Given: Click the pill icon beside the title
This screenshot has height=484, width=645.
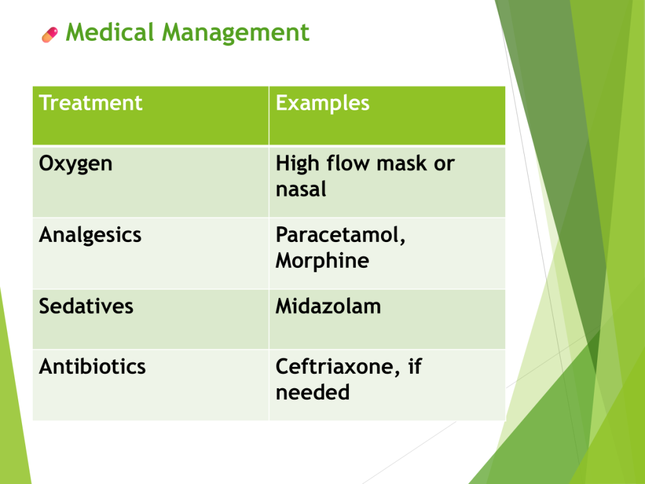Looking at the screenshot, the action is pyautogui.click(x=50, y=35).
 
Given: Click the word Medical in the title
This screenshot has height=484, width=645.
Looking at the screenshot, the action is pyautogui.click(x=110, y=32).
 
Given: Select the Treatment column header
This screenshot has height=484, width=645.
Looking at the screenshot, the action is pyautogui.click(x=91, y=103).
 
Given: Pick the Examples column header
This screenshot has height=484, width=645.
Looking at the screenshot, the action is pyautogui.click(x=322, y=103).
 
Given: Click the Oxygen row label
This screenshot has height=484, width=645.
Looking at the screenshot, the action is pyautogui.click(x=76, y=164).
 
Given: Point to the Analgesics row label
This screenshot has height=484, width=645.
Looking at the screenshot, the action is pyautogui.click(x=90, y=236).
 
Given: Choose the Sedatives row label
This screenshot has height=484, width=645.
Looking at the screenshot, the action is pyautogui.click(x=86, y=306).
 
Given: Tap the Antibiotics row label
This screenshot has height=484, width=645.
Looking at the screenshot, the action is pyautogui.click(x=93, y=366).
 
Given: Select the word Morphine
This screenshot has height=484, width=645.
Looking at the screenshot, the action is pyautogui.click(x=322, y=260).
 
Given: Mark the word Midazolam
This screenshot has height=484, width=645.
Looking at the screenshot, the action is pyautogui.click(x=328, y=306).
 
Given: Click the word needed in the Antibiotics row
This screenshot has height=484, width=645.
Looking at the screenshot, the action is pyautogui.click(x=312, y=392).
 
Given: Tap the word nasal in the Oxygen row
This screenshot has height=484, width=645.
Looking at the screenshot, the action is pyautogui.click(x=301, y=189).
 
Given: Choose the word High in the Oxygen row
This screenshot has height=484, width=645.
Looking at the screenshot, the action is pyautogui.click(x=298, y=164).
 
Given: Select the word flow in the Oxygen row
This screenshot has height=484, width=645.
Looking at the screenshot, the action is pyautogui.click(x=348, y=163).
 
